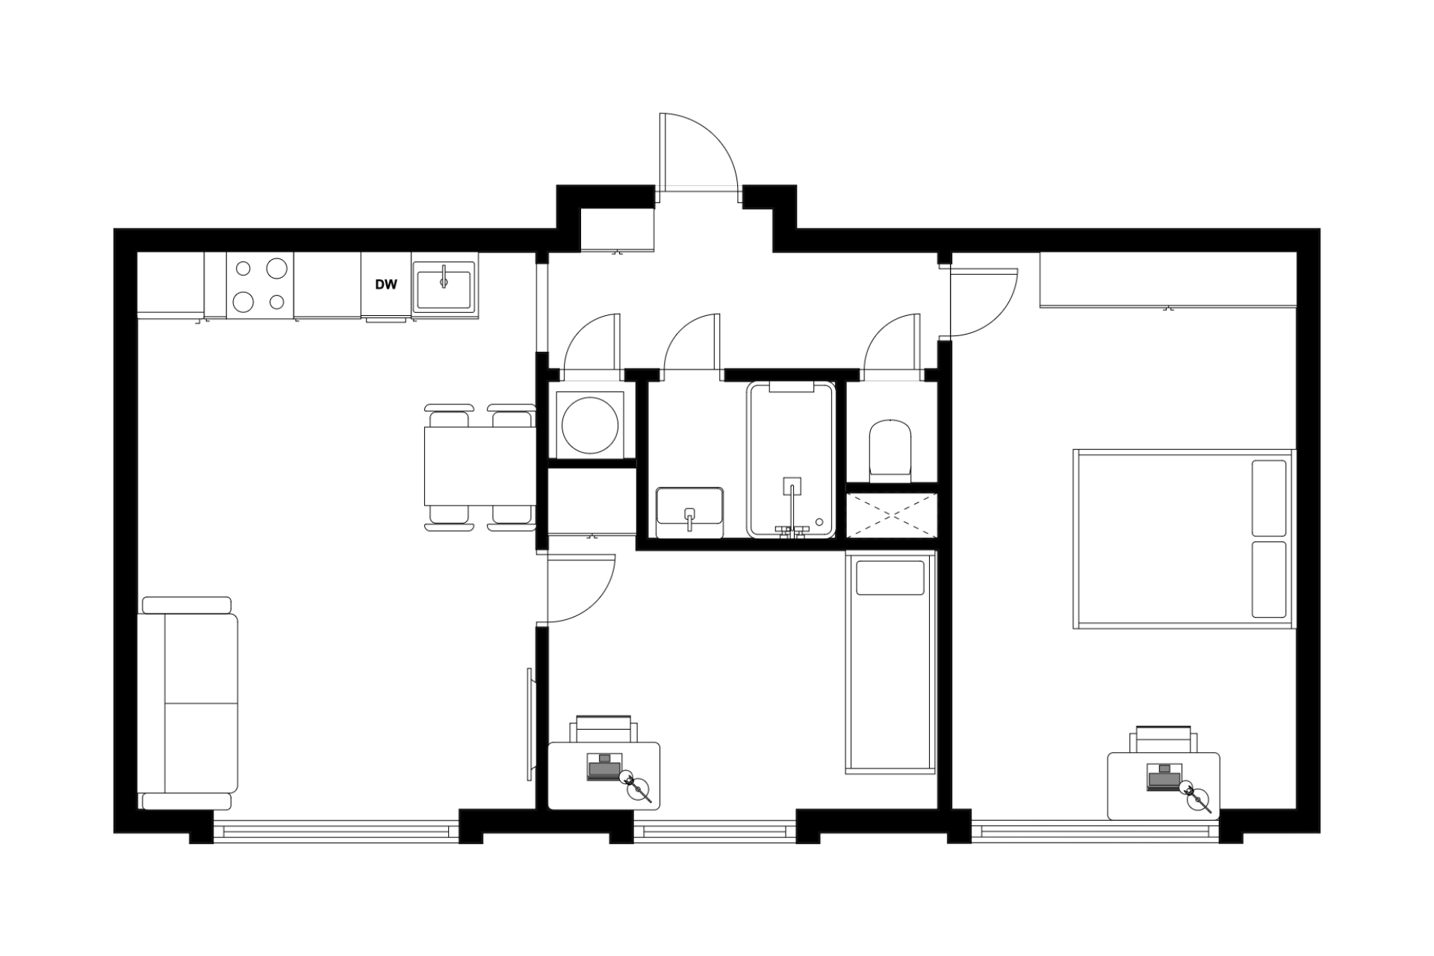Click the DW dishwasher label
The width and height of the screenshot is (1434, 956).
tap(385, 285)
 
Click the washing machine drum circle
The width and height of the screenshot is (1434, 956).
tap(590, 425)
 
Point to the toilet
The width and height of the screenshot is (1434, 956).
tap(891, 449)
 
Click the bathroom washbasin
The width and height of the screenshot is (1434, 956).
tap(689, 512)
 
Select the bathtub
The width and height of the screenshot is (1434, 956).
tap(791, 459)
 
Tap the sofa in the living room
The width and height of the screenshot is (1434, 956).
tap(189, 703)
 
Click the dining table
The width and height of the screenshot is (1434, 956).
tap(479, 466)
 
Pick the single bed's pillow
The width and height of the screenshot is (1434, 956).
tap(890, 577)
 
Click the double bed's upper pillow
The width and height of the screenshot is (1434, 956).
tap(1269, 498)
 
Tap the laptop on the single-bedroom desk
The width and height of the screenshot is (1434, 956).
tap(603, 768)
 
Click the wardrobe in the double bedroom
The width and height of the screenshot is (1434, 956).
tap(1168, 279)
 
